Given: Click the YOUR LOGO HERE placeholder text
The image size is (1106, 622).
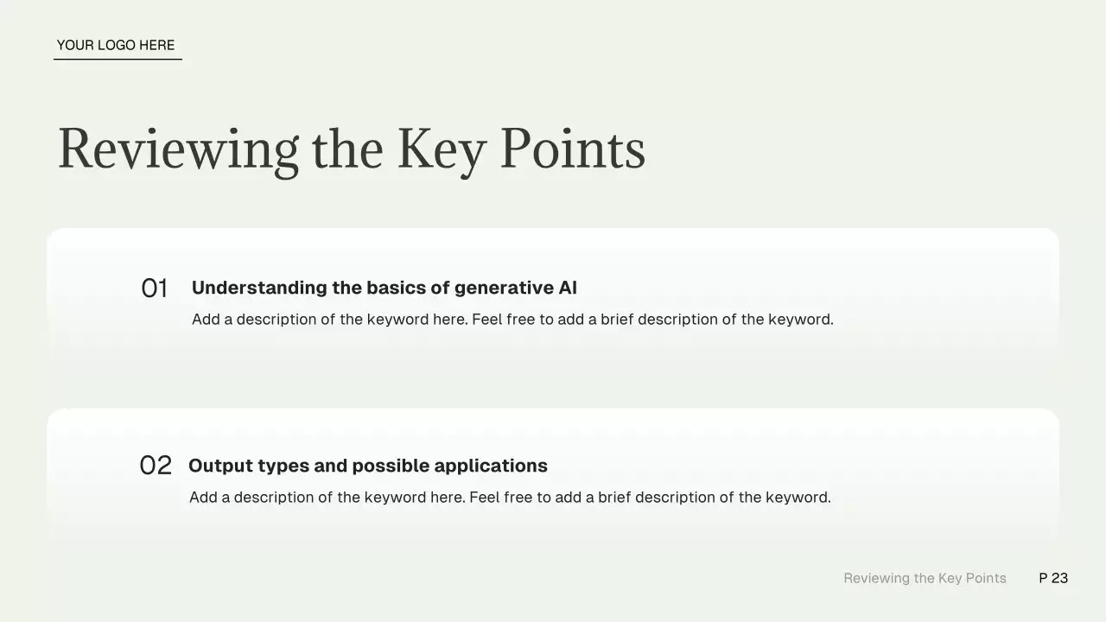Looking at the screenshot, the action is tap(116, 46).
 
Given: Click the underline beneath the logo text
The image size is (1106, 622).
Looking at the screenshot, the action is tap(118, 60).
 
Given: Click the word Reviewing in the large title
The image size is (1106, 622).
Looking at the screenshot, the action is tap(179, 150).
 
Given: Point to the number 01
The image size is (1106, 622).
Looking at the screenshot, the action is tap(155, 289).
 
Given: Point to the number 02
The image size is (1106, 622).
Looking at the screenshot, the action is tap(156, 466).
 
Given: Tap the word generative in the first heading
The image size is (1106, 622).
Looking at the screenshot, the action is tap(504, 289).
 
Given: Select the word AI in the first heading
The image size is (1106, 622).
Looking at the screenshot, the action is tap(568, 288).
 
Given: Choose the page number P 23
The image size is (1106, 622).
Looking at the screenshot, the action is tap(1053, 578).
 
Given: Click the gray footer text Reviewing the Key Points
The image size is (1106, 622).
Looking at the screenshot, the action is tap(925, 579).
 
